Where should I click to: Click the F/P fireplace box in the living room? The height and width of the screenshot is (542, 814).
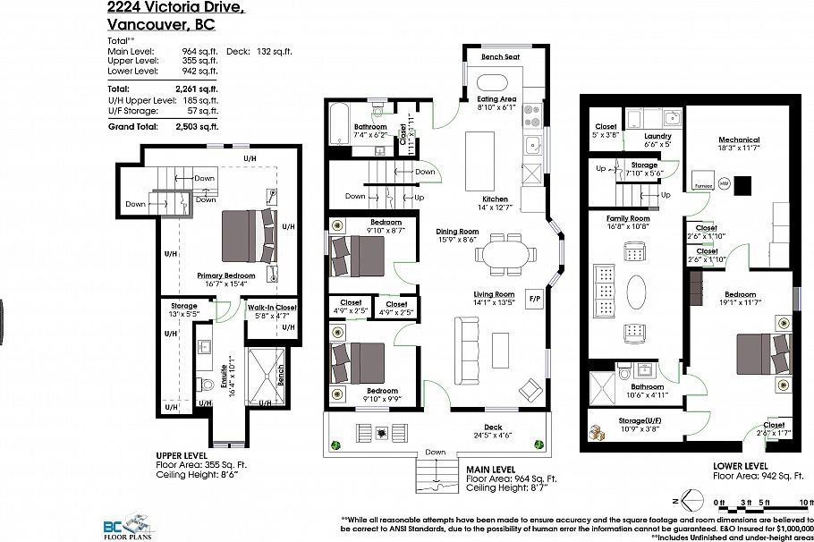(535, 298)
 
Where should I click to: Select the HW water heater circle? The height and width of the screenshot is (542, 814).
(724, 183)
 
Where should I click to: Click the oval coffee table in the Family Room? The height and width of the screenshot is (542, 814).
(637, 292)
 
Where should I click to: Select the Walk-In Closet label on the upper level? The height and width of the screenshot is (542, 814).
(272, 308)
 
